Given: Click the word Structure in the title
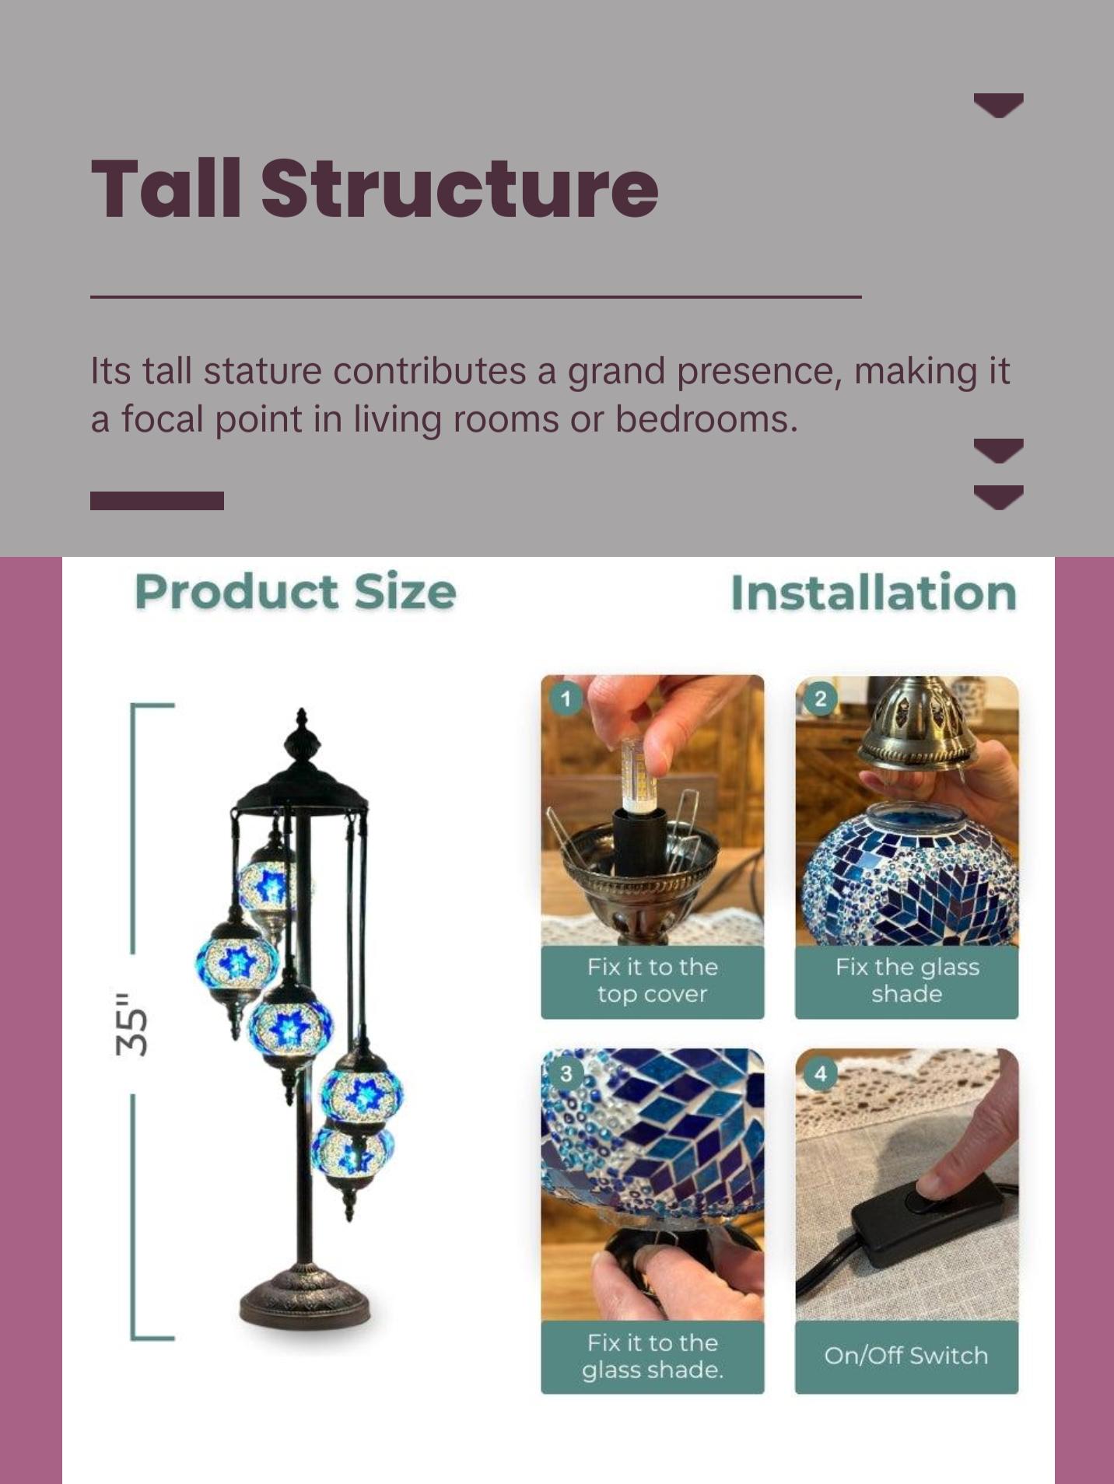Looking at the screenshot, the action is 460,188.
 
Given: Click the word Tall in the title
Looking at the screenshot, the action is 166,187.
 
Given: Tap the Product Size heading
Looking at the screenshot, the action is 296,592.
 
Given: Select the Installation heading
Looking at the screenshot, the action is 874,593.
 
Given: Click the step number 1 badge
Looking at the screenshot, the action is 566,698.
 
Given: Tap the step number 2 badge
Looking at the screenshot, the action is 820,698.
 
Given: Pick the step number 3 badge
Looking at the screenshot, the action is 566,1073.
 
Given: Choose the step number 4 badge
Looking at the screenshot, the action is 820,1073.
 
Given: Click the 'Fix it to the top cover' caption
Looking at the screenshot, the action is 653,980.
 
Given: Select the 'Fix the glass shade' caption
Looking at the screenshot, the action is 907,980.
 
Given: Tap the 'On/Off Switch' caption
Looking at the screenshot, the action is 906,1356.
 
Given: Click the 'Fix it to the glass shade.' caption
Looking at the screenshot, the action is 653,1356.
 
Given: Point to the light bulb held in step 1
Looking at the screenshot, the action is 638,776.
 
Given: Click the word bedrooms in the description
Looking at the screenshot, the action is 706,419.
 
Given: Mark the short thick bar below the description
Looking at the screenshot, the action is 157,501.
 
